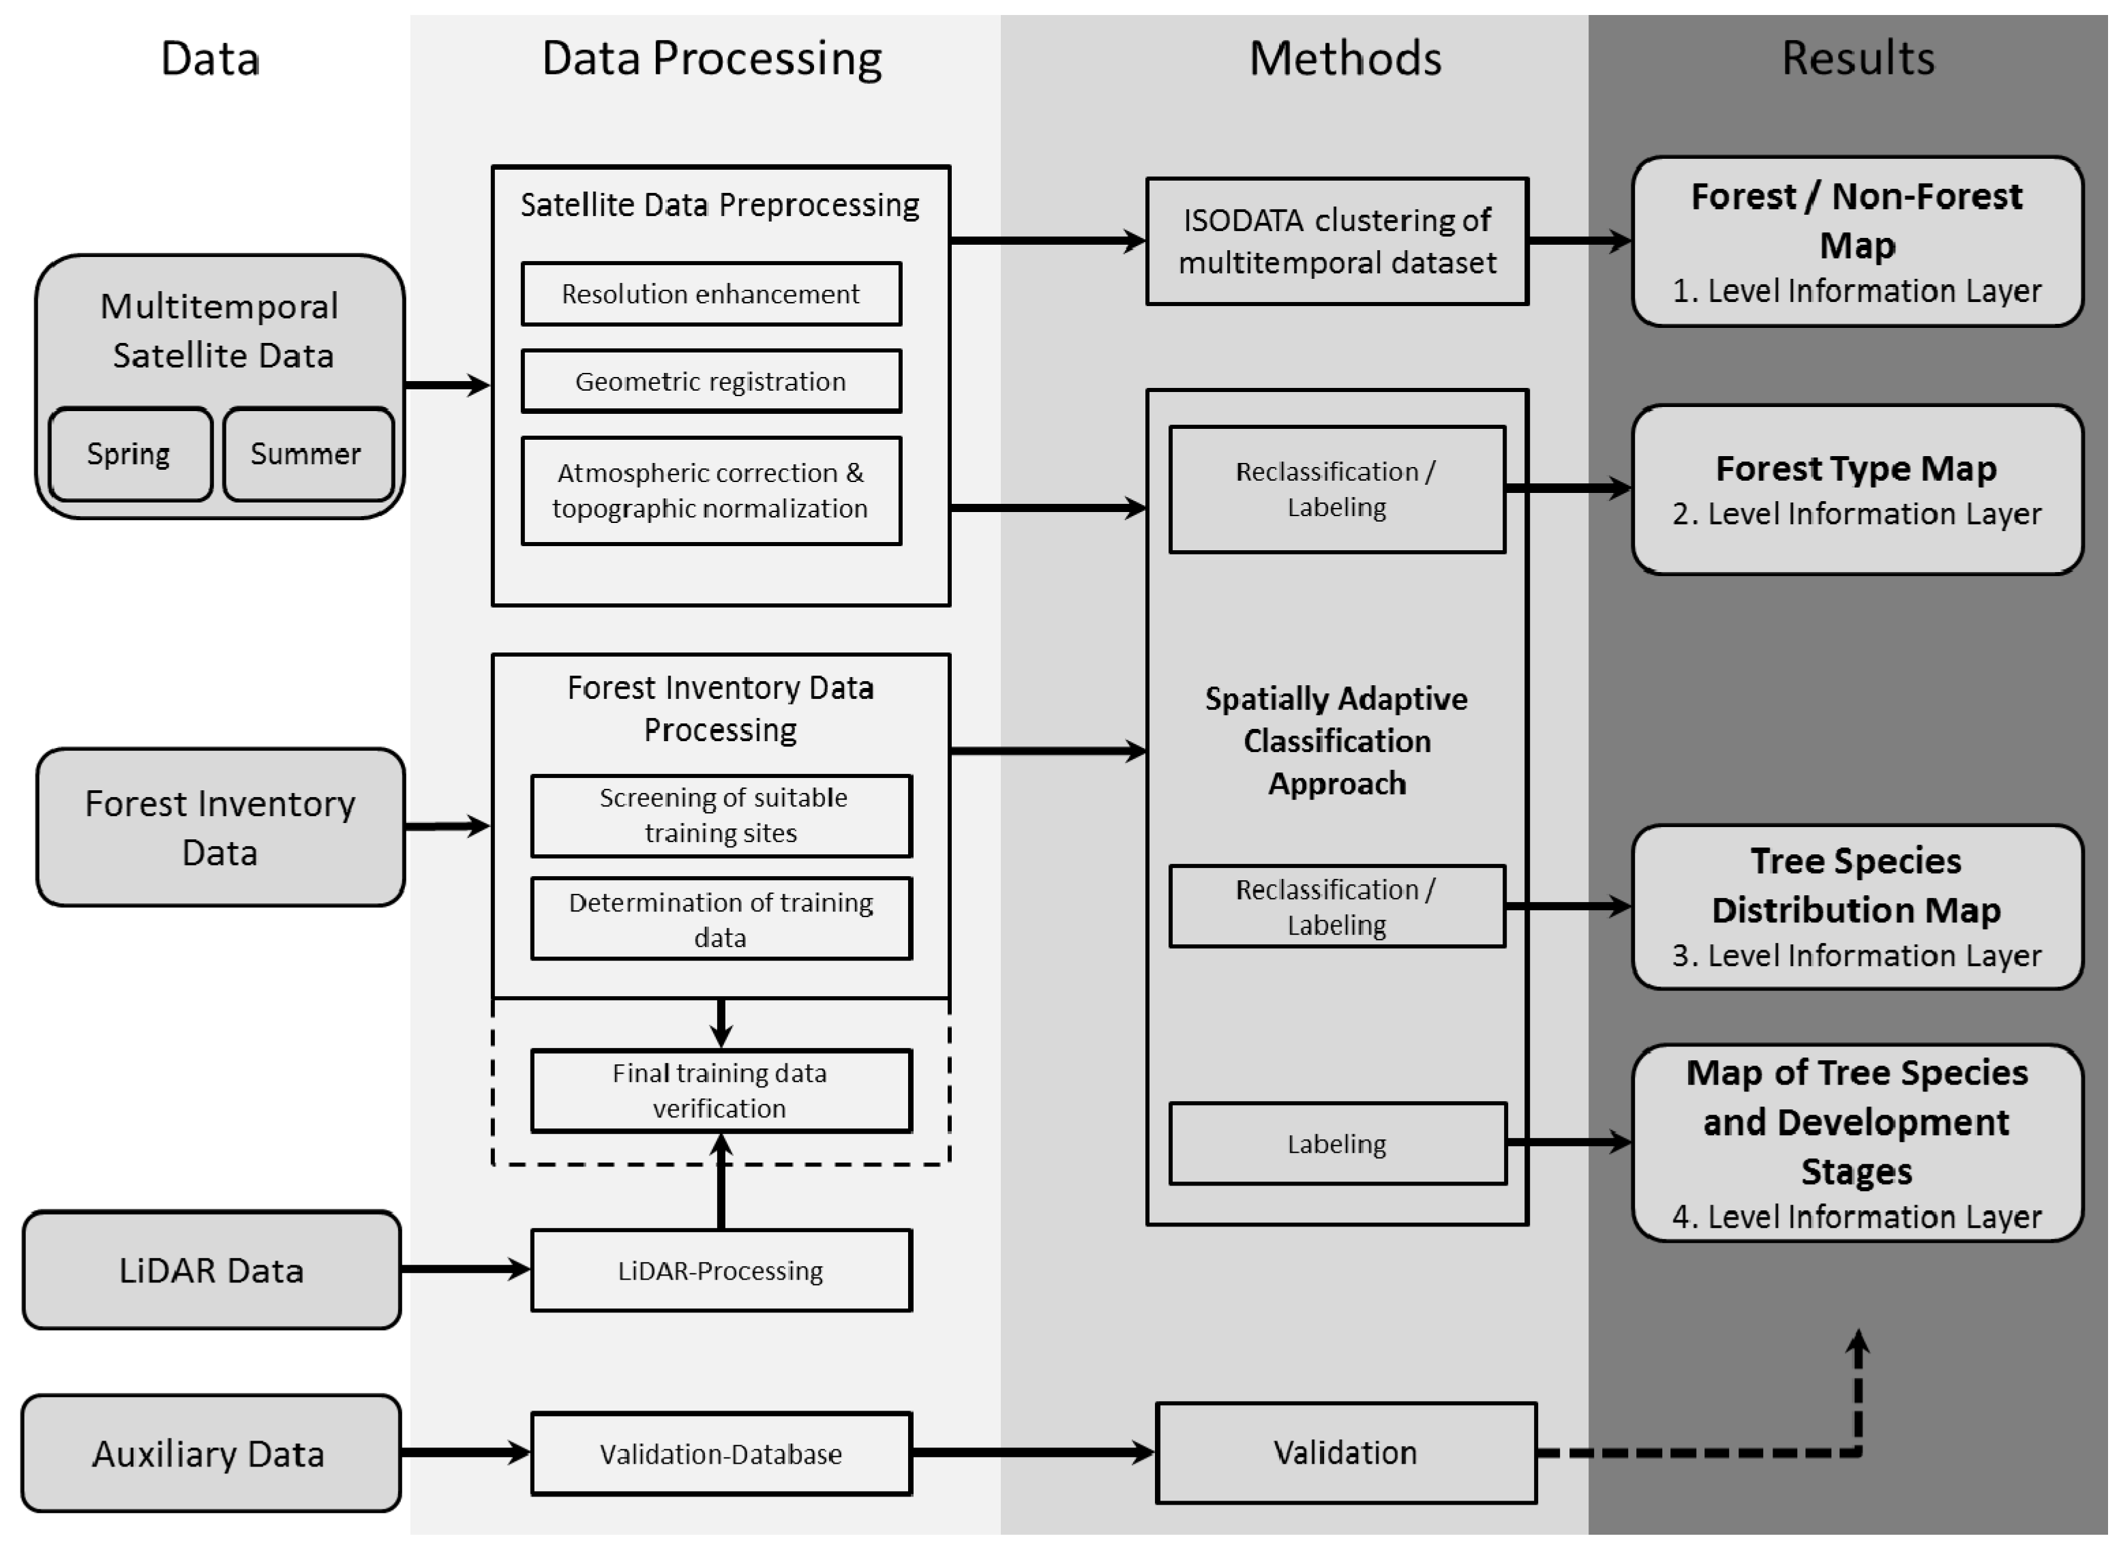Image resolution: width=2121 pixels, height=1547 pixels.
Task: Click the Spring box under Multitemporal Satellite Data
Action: point(130,454)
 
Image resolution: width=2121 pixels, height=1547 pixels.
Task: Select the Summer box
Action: point(307,454)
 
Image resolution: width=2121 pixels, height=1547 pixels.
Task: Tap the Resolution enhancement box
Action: point(710,294)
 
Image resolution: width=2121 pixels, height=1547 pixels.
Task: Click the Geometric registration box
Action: point(710,381)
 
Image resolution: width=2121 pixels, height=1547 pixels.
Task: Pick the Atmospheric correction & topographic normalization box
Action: point(710,491)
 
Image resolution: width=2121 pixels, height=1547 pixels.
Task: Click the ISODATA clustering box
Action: point(1336,241)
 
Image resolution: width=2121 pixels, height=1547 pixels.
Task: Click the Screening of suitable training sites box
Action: point(721,815)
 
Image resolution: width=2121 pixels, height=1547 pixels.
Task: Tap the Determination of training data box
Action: point(721,918)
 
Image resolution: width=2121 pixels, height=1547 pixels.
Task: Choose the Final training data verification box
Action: point(721,1091)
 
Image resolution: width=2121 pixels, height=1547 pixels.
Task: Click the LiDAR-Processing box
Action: point(721,1271)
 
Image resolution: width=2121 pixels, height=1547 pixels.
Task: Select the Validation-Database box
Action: point(721,1454)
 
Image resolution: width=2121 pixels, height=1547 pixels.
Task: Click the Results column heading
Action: point(1857,58)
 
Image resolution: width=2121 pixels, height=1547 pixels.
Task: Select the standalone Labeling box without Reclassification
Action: point(1337,1143)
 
